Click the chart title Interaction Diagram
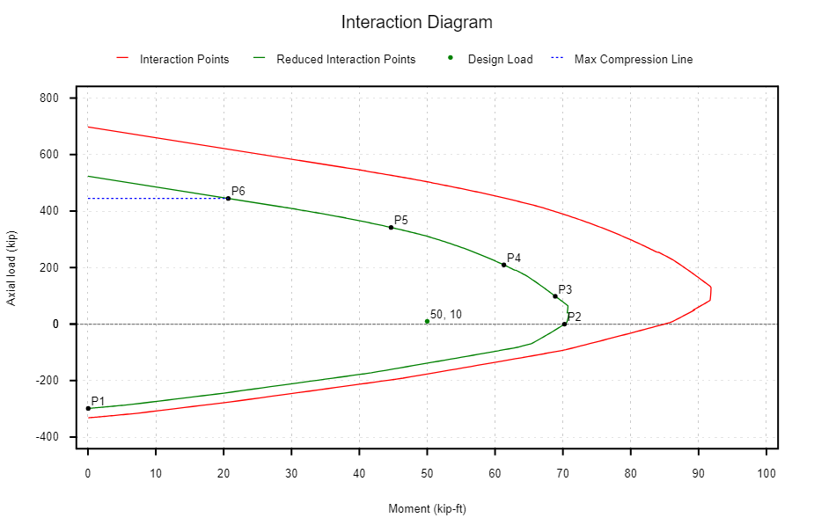click(416, 22)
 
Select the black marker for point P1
click(88, 408)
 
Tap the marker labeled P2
click(564, 324)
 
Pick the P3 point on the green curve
click(555, 296)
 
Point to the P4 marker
click(504, 265)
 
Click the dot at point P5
click(391, 227)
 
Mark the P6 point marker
click(228, 198)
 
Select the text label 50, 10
click(446, 314)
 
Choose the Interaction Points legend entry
click(184, 60)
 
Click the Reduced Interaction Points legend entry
click(345, 60)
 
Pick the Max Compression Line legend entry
click(633, 60)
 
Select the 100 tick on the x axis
click(766, 475)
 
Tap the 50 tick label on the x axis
click(427, 475)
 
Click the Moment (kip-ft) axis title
click(427, 508)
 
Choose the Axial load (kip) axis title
click(12, 267)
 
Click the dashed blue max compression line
click(158, 199)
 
